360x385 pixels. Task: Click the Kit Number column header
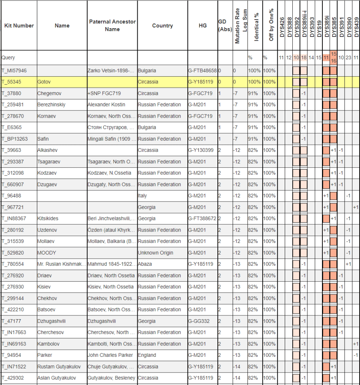[19, 26]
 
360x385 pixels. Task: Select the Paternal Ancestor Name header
[112, 26]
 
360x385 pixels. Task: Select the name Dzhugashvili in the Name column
[52, 321]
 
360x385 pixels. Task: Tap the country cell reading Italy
[142, 196]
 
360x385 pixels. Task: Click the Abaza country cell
[145, 264]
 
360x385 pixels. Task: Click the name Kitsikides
[48, 218]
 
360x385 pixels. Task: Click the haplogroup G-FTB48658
[202, 70]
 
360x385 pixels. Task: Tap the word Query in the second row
[8, 58]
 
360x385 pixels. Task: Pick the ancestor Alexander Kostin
[106, 105]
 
